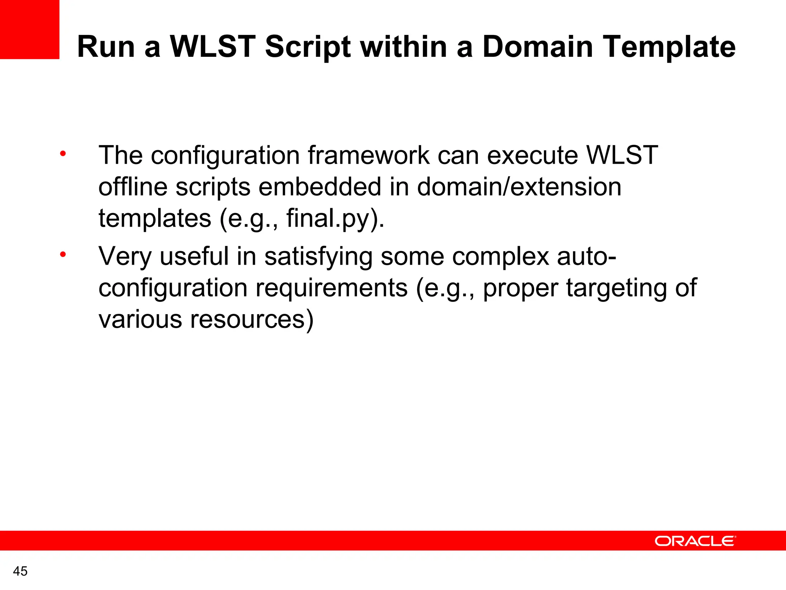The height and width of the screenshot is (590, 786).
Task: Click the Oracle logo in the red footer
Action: click(x=695, y=541)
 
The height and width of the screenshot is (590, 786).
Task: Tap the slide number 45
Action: click(x=20, y=571)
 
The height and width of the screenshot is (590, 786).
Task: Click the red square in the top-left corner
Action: click(x=30, y=30)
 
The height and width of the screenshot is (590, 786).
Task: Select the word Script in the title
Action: click(x=307, y=47)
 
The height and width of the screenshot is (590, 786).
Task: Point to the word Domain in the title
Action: click(x=537, y=47)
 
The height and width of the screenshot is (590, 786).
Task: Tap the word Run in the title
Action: click(x=106, y=47)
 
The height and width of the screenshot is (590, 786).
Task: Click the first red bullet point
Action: click(x=63, y=154)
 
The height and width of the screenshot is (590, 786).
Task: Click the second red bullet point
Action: click(x=63, y=255)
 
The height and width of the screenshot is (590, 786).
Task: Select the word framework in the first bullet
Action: click(x=368, y=156)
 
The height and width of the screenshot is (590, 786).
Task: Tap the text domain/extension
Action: click(x=519, y=187)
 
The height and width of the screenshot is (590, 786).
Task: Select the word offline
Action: click(x=133, y=187)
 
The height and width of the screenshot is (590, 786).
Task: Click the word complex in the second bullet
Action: click(x=500, y=257)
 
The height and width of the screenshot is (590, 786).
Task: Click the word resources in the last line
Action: click(x=252, y=320)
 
